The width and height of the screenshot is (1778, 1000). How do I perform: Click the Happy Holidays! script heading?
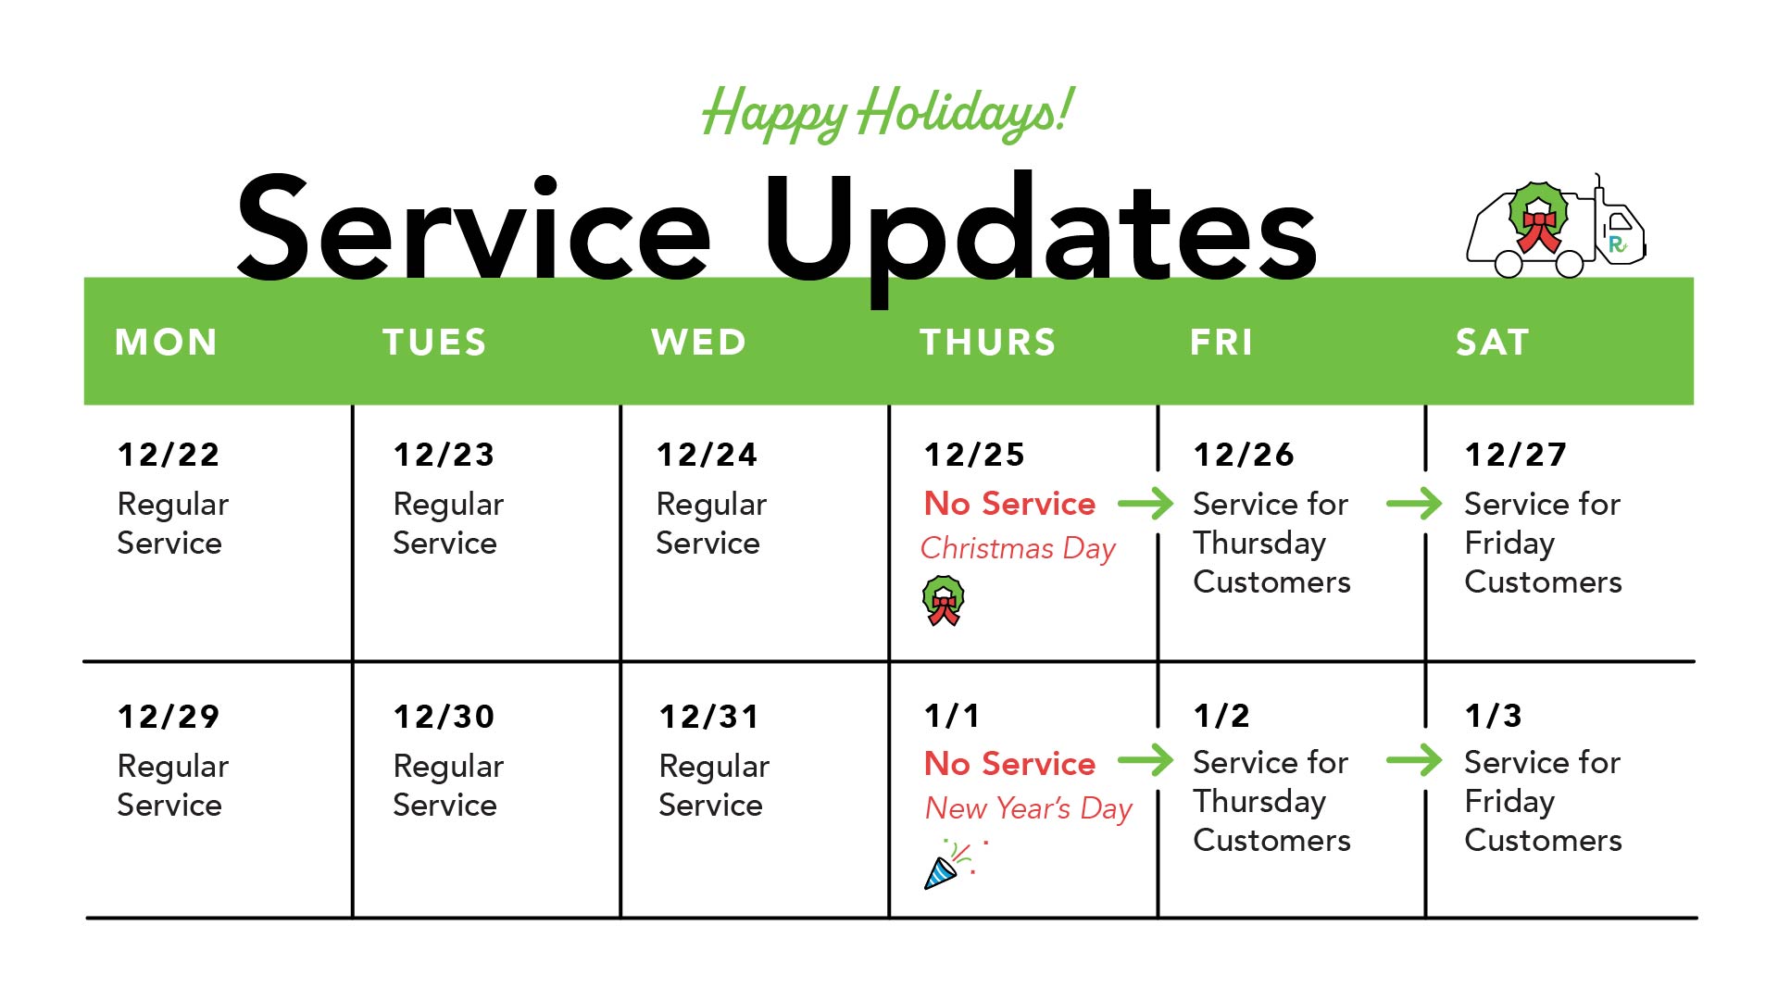coord(887,113)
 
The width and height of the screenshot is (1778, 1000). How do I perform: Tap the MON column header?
coord(167,343)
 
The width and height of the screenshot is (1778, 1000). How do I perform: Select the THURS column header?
coord(988,343)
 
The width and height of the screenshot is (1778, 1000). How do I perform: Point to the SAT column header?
coord(1492,343)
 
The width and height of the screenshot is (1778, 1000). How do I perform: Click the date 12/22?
coord(169,455)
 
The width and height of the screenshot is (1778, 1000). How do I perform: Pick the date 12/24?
coord(707,455)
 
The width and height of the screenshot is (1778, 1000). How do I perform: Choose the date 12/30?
coord(444,717)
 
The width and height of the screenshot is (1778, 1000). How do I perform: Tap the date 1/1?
coord(952,716)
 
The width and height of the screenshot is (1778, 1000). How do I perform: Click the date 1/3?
coord(1493,716)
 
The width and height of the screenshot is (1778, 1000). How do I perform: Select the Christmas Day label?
coord(1018,548)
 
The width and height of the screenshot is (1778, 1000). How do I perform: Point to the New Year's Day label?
coord(1029,808)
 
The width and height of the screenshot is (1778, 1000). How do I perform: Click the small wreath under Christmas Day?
coord(944,601)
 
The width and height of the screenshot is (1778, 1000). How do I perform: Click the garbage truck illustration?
coord(1557,227)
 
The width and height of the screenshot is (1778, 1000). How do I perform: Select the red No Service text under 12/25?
coord(1009,504)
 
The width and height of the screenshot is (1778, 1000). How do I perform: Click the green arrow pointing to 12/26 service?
coord(1146,504)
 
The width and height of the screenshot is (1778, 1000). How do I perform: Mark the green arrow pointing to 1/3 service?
coord(1414,761)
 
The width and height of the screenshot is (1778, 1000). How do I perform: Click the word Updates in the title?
coord(1040,231)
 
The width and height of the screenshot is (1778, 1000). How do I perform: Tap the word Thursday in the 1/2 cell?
coord(1259,803)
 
